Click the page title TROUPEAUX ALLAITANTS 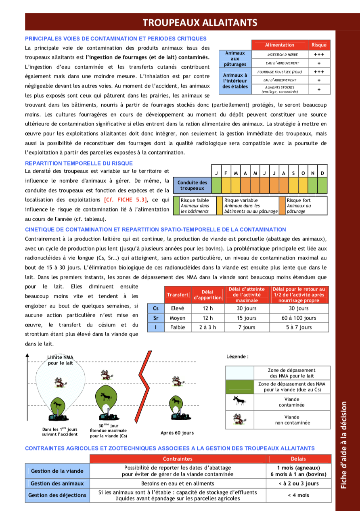(200, 22)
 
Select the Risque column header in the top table (319, 45)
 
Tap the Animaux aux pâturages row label (235, 59)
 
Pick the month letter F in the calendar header (226, 173)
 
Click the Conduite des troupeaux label (192, 186)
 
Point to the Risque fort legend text (299, 200)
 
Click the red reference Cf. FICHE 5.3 (125, 200)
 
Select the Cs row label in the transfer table (156, 308)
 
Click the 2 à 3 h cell (207, 327)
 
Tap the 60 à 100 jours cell (299, 318)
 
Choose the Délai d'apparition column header (207, 295)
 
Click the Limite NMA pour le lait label (61, 360)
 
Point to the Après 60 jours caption (177, 433)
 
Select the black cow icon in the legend (240, 401)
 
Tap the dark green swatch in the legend (240, 387)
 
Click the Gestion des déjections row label (57, 495)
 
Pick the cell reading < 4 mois (298, 495)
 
